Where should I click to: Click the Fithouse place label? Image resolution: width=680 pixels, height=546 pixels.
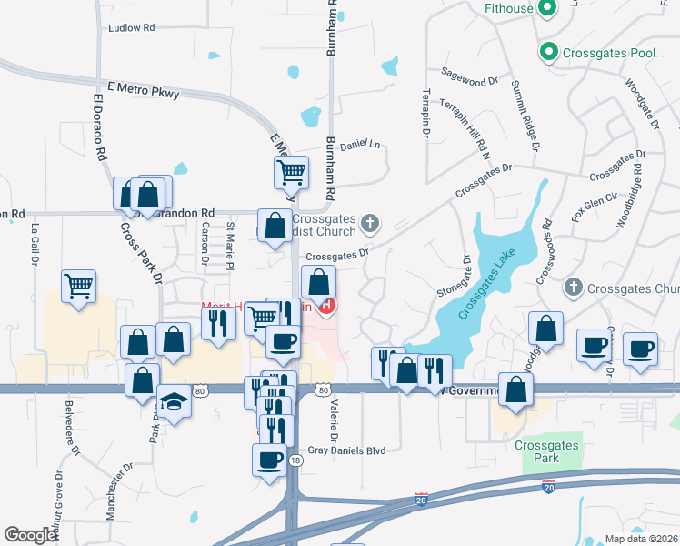coord(508,9)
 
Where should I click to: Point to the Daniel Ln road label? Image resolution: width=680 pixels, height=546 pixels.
coord(359,145)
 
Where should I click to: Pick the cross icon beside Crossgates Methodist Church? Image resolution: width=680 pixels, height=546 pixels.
coord(370,223)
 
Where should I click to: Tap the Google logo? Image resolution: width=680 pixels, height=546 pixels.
coord(31,535)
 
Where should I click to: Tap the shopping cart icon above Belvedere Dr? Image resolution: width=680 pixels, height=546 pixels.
coord(78,286)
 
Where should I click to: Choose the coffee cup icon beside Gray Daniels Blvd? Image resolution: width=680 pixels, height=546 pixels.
coord(270,459)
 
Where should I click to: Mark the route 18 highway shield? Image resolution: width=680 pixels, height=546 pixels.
coord(295,461)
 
